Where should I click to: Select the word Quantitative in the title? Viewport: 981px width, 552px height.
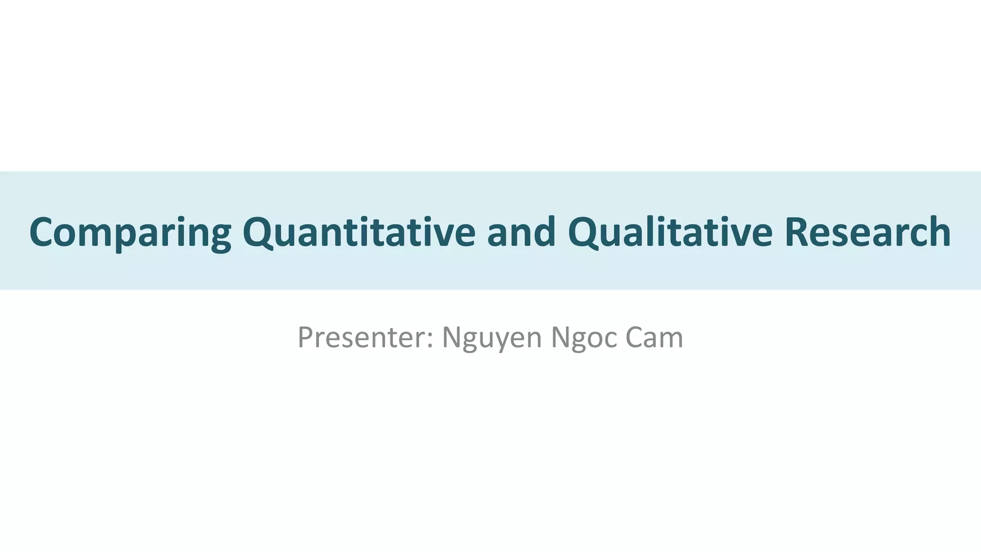[359, 232]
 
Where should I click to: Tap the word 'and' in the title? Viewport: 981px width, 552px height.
[521, 232]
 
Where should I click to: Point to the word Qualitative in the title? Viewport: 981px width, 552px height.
[670, 232]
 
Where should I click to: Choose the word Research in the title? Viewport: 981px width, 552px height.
[867, 232]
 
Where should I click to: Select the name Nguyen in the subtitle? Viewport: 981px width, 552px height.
[491, 338]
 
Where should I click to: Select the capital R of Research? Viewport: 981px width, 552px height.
[797, 232]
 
